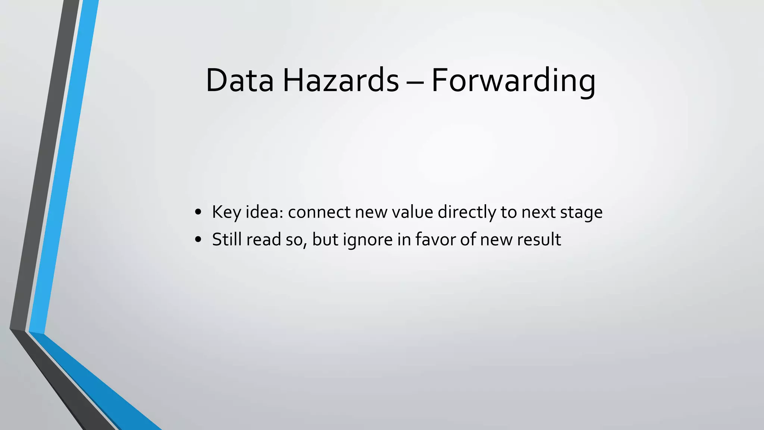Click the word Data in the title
(x=239, y=80)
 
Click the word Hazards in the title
(x=341, y=80)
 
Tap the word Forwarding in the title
(x=513, y=80)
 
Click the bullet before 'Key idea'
(x=198, y=212)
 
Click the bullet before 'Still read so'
(x=198, y=240)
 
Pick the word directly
(x=467, y=212)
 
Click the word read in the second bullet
(x=264, y=239)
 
